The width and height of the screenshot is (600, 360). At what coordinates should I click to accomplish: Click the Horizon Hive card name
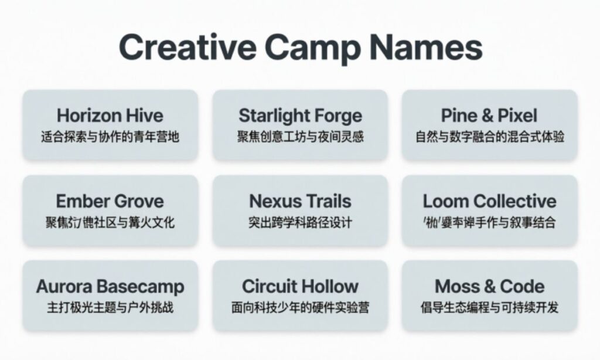point(110,115)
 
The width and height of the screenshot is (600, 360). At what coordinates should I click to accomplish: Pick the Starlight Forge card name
point(300,115)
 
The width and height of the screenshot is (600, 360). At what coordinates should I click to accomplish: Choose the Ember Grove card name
point(110,201)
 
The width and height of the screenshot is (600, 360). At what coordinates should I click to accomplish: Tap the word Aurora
point(64,287)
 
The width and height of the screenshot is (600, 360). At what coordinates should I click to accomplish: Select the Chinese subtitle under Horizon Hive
point(110,137)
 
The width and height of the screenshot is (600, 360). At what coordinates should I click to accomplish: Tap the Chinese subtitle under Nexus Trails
point(300,223)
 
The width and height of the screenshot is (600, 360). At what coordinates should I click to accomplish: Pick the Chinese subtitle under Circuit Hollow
point(300,308)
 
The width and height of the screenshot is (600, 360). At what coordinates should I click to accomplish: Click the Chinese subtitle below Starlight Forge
point(300,137)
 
